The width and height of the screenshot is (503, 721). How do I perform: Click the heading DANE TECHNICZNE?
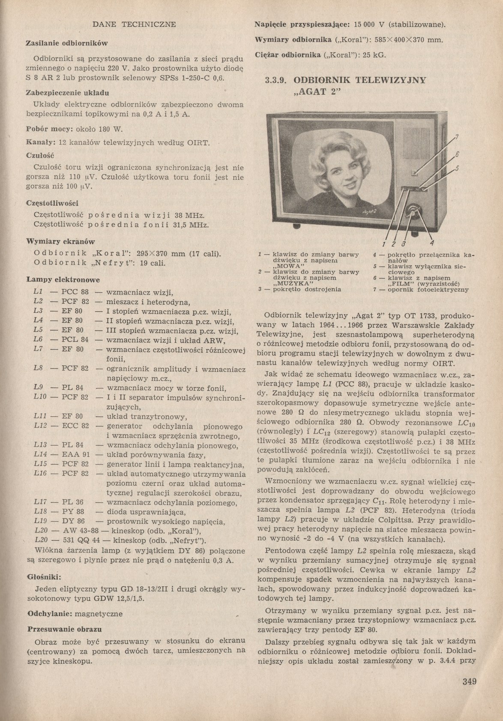134,24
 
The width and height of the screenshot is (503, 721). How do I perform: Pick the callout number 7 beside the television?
457,137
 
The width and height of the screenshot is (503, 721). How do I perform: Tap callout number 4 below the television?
432,240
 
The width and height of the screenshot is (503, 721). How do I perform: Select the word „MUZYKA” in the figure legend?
291,284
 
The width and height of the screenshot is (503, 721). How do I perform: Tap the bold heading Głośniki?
44,577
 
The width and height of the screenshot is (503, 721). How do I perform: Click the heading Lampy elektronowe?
63,280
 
